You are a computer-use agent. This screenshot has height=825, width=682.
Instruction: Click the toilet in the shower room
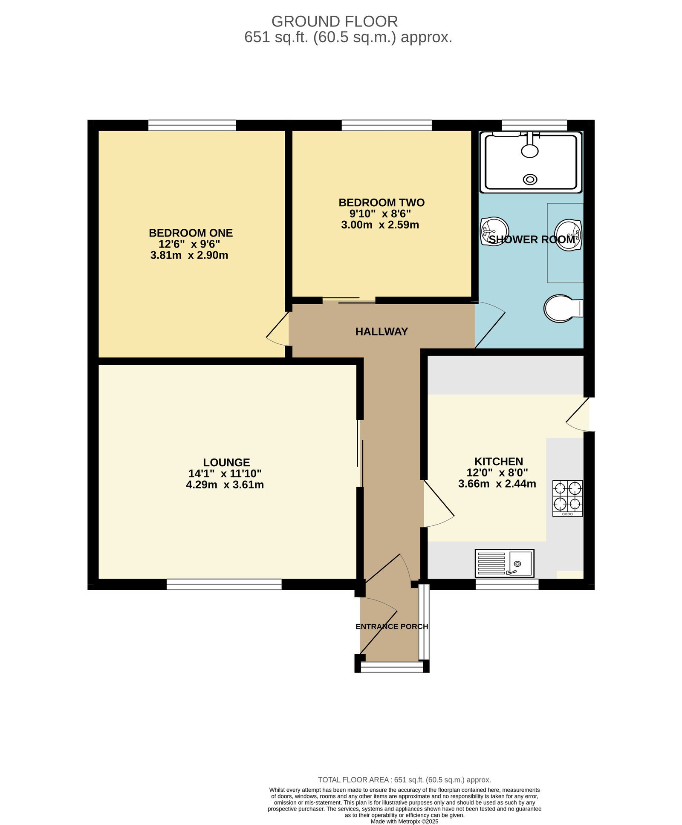click(x=563, y=308)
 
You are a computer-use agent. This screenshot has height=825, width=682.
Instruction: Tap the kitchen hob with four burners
click(x=567, y=498)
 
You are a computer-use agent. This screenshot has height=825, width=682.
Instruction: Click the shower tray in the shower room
click(x=531, y=162)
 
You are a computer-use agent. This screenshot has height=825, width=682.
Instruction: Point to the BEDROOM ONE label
click(x=191, y=233)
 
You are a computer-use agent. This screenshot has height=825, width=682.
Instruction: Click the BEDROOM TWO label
click(x=381, y=202)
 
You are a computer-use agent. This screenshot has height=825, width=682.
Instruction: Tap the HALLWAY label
click(x=381, y=332)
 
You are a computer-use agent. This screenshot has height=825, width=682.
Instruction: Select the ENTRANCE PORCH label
click(x=392, y=626)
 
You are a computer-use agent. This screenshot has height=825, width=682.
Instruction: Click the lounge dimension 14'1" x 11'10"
click(x=225, y=473)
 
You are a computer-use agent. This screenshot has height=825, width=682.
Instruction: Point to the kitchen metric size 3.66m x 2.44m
click(x=497, y=484)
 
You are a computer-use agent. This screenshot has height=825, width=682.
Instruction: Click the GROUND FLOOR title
click(x=335, y=21)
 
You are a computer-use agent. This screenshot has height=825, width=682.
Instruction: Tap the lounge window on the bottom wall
click(x=224, y=584)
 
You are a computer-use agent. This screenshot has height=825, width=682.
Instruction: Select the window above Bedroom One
click(x=192, y=125)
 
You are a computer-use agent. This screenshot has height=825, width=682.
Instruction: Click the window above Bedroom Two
click(x=387, y=125)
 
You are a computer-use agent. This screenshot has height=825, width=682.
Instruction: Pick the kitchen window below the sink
click(x=507, y=584)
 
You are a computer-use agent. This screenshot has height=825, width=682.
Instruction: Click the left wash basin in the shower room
click(x=494, y=232)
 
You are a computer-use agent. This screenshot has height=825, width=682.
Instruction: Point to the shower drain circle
click(x=530, y=179)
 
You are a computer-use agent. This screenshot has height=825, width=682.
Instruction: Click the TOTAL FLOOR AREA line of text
click(x=405, y=780)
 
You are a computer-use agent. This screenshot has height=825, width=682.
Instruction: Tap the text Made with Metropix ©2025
click(x=405, y=822)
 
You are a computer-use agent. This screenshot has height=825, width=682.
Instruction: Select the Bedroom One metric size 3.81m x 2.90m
click(x=189, y=255)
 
